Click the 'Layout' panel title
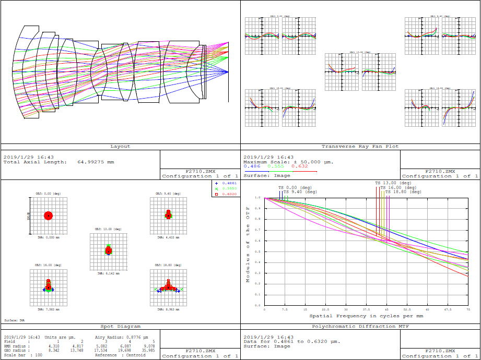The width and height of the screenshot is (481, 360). [120, 147]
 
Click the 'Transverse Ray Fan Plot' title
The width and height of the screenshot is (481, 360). [360, 147]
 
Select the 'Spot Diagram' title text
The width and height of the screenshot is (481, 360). [120, 326]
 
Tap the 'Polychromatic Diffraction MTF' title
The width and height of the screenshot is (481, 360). [360, 326]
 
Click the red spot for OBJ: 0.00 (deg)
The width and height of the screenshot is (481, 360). [48, 215]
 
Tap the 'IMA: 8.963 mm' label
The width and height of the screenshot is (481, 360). [168, 309]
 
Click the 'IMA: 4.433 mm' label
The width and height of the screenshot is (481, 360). [168, 237]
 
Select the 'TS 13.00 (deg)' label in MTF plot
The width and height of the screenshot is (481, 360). [393, 183]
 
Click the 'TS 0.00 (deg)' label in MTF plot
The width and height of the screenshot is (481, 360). [295, 187]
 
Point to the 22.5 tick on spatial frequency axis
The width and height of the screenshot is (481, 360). [325, 309]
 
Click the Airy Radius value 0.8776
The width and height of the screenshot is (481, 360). [136, 337]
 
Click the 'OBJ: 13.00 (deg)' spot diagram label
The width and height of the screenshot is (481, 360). [108, 229]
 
